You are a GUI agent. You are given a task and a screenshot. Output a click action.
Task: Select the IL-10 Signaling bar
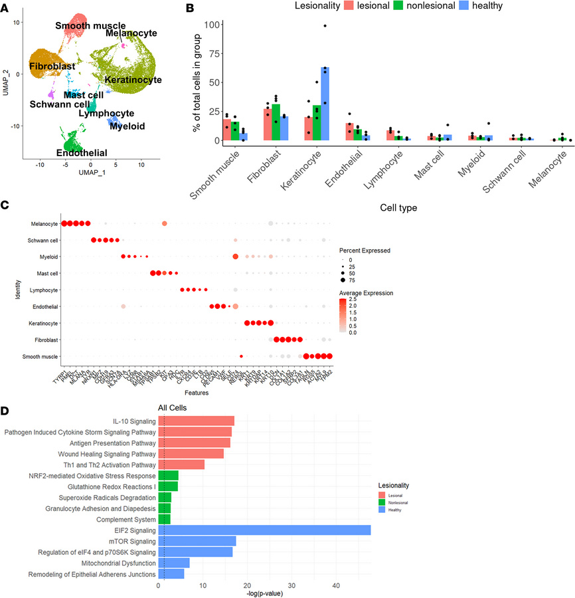coord(196,421)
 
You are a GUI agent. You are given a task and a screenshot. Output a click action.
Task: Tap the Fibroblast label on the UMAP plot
coord(52,66)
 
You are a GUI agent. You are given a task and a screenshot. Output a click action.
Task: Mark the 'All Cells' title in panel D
coord(172,407)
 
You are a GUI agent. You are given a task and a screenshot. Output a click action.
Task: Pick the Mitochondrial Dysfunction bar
coord(174,563)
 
